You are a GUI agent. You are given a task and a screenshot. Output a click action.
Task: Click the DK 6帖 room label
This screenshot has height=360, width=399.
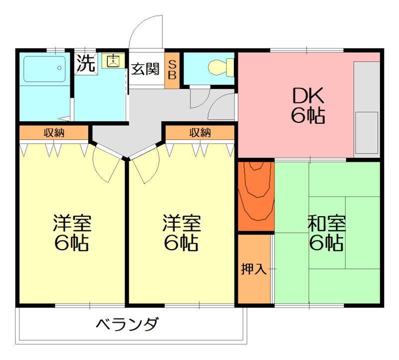coord(308,105)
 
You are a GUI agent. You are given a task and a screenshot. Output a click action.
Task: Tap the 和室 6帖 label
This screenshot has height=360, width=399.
coord(326,233)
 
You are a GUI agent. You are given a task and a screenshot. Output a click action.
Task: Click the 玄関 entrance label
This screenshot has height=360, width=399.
coord(145,69)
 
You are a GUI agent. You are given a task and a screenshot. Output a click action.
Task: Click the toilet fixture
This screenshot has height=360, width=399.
coord(220,67)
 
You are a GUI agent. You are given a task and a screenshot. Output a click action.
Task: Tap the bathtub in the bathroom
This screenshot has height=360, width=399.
coord(44,69)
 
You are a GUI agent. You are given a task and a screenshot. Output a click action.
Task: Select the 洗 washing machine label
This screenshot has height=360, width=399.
coord(86,63)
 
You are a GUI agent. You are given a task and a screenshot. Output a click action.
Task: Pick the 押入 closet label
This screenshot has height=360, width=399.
coord(254,269)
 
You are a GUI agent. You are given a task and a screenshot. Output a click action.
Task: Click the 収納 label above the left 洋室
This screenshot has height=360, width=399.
coord(54,133)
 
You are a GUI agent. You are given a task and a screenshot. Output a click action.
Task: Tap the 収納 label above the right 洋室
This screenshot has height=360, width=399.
coord(199,133)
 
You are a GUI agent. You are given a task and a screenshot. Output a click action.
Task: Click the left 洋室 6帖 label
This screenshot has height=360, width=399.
coord(72,233)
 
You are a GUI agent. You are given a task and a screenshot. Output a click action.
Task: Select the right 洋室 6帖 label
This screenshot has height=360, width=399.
coord(182,233)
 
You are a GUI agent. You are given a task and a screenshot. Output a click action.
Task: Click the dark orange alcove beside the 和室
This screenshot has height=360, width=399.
coord(255,196)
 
